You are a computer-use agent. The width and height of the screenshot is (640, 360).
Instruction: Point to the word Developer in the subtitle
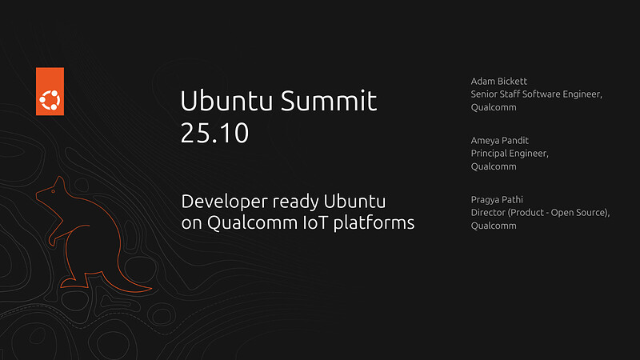coord(220,201)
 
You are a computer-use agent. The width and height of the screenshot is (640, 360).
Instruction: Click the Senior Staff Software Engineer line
coord(536,94)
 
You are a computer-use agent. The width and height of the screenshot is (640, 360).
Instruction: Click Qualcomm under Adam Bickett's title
coord(494,107)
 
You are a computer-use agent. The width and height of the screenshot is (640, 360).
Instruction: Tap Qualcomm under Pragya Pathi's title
coord(494,226)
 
